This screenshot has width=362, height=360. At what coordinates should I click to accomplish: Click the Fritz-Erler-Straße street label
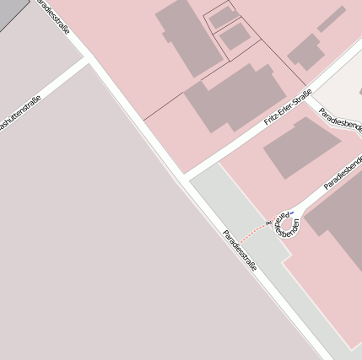tap(288, 107)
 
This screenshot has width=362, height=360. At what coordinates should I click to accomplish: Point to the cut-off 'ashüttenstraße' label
tap(19, 116)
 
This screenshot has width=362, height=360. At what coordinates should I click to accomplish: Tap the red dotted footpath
tap(252, 232)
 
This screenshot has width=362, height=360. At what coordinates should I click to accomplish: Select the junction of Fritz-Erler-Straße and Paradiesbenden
tap(309, 95)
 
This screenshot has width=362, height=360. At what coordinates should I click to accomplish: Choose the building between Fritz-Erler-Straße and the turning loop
tap(300, 147)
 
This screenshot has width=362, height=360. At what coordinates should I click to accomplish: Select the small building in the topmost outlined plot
tap(224, 17)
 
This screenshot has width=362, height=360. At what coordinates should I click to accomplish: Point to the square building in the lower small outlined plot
tap(235, 35)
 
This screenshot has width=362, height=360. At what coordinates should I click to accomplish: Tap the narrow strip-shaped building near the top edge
tap(331, 19)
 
